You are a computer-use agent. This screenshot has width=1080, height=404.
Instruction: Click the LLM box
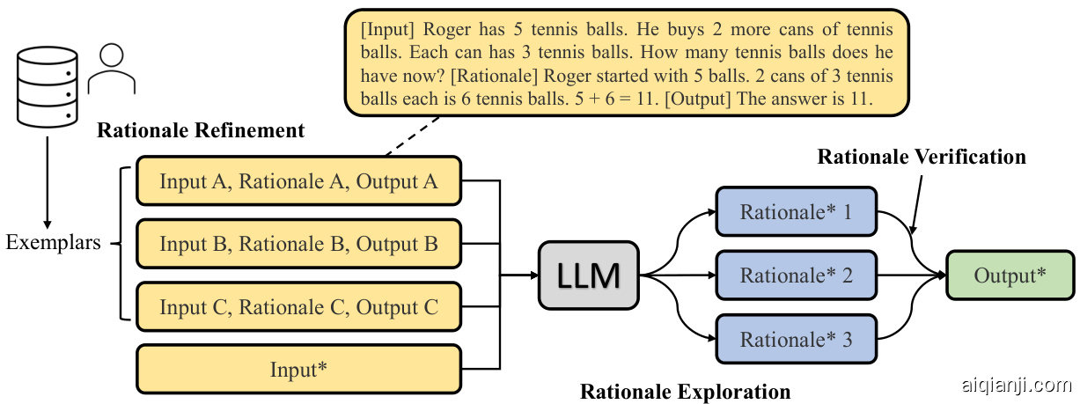(x=589, y=275)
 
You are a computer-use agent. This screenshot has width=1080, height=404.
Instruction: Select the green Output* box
(x=1010, y=275)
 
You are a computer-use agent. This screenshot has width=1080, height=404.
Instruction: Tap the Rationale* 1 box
(x=796, y=212)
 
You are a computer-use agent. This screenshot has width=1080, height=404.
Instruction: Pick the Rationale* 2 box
(x=796, y=275)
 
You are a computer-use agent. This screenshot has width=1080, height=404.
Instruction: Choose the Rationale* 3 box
(x=796, y=340)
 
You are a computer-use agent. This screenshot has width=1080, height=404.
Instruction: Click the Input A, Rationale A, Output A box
(x=298, y=181)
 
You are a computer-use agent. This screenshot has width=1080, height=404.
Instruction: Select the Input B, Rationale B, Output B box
(x=298, y=244)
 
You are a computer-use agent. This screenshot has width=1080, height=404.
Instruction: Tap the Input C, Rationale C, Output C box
(x=298, y=307)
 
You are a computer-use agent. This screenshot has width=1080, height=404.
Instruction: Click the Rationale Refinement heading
(x=201, y=131)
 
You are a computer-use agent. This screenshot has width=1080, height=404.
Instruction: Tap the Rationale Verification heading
(x=922, y=157)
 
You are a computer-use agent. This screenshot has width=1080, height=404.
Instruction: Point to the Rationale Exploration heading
(x=685, y=391)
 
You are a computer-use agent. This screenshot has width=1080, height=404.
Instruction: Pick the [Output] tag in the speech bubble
(x=700, y=99)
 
